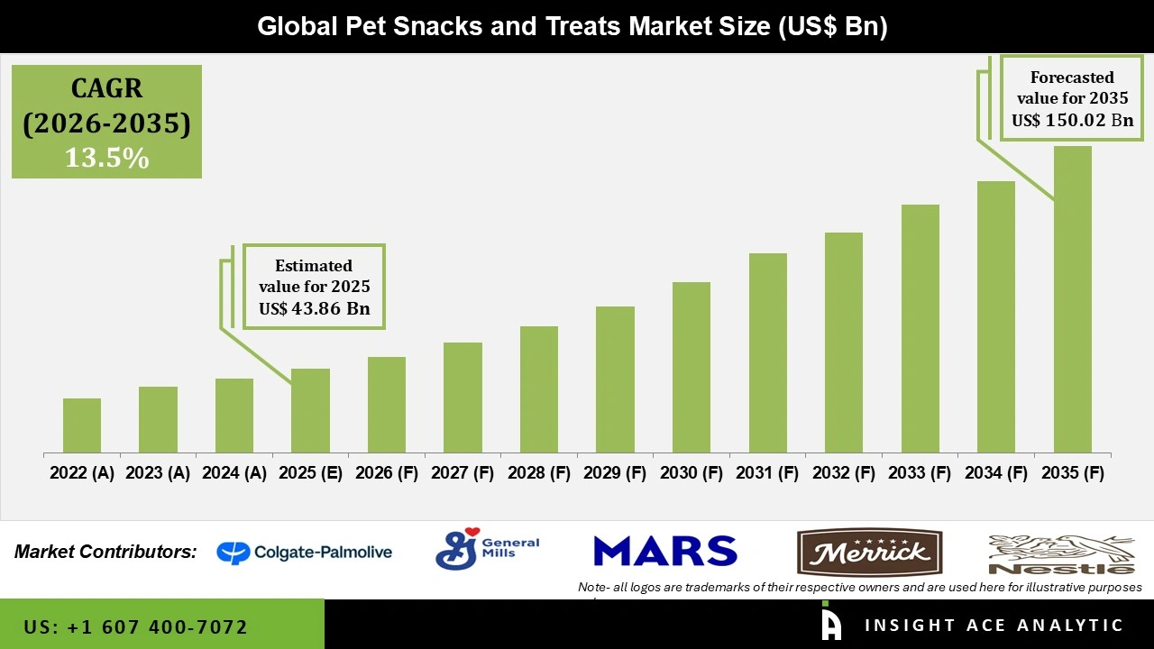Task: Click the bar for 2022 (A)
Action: tap(82, 425)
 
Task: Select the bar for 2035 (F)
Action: tap(1072, 299)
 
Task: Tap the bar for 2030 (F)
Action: tap(691, 367)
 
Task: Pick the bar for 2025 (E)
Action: tap(310, 410)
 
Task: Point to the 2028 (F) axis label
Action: tap(539, 473)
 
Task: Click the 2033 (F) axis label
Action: tap(920, 473)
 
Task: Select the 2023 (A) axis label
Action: tap(158, 473)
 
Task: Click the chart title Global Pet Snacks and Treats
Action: tap(572, 26)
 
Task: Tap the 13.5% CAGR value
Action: tap(106, 158)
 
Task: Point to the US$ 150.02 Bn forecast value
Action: tap(1072, 121)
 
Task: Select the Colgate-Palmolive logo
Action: tap(305, 552)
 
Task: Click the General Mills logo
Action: tap(487, 549)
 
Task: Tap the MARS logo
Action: tap(665, 551)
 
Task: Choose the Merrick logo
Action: tap(869, 553)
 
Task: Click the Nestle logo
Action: tap(1061, 554)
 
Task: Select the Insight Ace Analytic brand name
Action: tap(994, 626)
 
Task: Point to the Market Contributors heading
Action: tap(105, 552)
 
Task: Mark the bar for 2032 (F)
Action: tap(844, 343)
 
